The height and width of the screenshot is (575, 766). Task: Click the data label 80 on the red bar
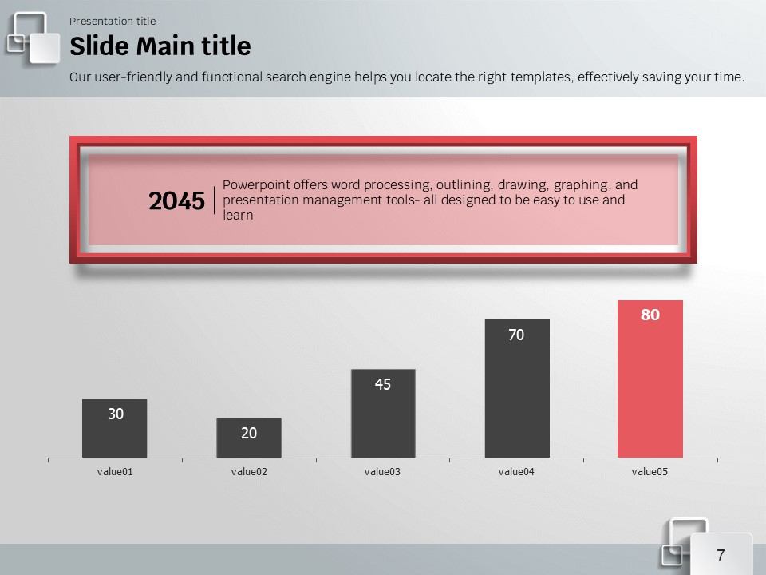tap(650, 315)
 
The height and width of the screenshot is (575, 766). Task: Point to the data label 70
tap(517, 335)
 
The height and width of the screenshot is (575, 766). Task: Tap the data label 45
tap(383, 384)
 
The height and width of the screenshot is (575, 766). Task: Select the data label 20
tap(249, 433)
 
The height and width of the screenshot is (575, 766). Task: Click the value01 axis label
tap(115, 472)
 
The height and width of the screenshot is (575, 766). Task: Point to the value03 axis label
tap(383, 472)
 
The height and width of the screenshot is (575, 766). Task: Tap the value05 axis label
tap(650, 472)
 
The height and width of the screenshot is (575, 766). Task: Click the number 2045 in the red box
tap(176, 202)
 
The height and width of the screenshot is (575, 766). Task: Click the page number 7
tap(721, 555)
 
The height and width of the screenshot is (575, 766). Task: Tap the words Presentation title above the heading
tap(113, 21)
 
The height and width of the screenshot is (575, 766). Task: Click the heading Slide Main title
tap(160, 46)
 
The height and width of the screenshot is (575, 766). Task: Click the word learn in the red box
tap(238, 216)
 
